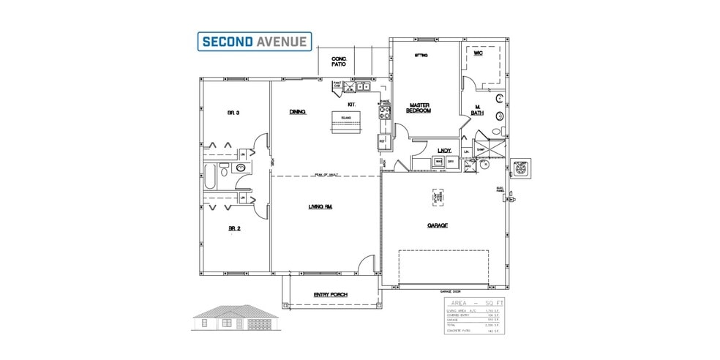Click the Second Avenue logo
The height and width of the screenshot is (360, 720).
coord(255,41)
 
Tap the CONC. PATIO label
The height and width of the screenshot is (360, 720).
coord(338,61)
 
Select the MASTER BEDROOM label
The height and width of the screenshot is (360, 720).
coord(419,108)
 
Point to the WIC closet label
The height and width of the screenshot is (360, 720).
coord(478,53)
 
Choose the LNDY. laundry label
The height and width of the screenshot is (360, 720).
coord(444,151)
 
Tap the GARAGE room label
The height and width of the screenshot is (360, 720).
coord(438,225)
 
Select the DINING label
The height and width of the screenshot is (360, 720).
coord(297,112)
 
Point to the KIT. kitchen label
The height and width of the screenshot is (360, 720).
coord(351,105)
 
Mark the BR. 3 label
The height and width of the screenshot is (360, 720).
coord(234,113)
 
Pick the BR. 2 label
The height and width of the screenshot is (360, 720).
coord(234,228)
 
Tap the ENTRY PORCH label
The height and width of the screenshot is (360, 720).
coord(331,295)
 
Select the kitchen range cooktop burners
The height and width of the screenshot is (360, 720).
coord(383,114)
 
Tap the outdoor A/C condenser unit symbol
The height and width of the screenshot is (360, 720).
coord(522,168)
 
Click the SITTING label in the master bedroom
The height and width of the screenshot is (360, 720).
coord(421,56)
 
